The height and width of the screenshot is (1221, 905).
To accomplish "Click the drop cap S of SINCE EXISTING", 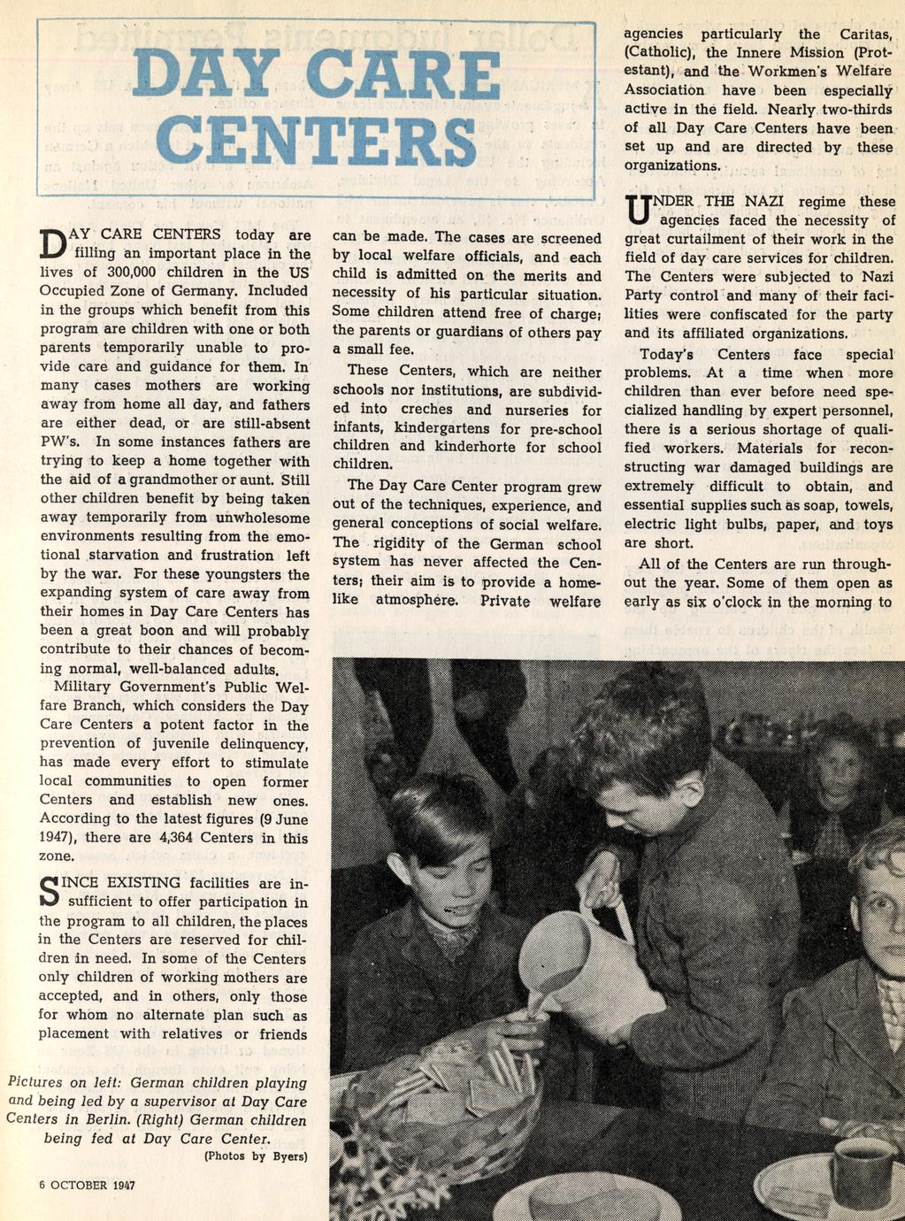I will [x=53, y=892].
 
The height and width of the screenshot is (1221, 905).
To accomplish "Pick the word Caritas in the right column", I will [x=863, y=34].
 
